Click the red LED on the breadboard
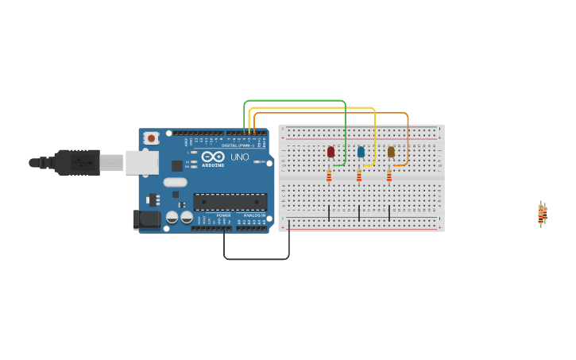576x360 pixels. [x=331, y=151]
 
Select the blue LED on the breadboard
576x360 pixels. [x=361, y=151]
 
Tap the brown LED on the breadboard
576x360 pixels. [x=391, y=151]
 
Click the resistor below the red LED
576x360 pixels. [x=329, y=176]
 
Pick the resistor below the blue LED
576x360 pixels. [x=359, y=176]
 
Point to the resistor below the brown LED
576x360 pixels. [x=389, y=176]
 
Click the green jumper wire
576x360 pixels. [x=294, y=101]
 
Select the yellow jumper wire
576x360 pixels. [x=318, y=107]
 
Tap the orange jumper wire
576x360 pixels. [x=334, y=113]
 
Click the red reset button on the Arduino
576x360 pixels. [x=151, y=138]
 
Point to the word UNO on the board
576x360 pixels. [x=239, y=157]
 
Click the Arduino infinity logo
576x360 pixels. [x=213, y=157]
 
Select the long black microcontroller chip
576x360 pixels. [x=230, y=202]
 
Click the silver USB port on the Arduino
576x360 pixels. [x=141, y=162]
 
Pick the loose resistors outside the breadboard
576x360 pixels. [x=542, y=213]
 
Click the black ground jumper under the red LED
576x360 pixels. [x=329, y=213]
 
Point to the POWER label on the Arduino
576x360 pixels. [x=224, y=215]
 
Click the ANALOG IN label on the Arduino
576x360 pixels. [x=254, y=215]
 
